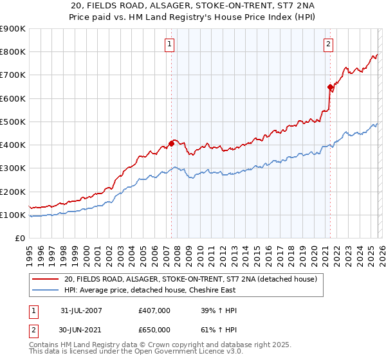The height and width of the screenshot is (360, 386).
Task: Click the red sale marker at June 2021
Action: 330,87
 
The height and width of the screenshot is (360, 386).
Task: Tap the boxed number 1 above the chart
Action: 169,44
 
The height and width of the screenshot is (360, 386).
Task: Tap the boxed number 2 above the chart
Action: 328,44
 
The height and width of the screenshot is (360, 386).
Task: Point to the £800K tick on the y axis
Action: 13,52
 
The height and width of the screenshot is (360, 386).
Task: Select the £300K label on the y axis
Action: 13,168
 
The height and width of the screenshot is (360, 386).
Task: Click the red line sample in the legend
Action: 46,280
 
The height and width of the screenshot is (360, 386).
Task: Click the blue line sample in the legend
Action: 46,291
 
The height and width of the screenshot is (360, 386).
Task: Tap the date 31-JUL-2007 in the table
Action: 81,310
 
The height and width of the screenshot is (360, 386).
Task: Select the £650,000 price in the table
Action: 154,329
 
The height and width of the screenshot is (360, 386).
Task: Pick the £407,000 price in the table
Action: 154,310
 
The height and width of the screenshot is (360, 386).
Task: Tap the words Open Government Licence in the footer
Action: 174,353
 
